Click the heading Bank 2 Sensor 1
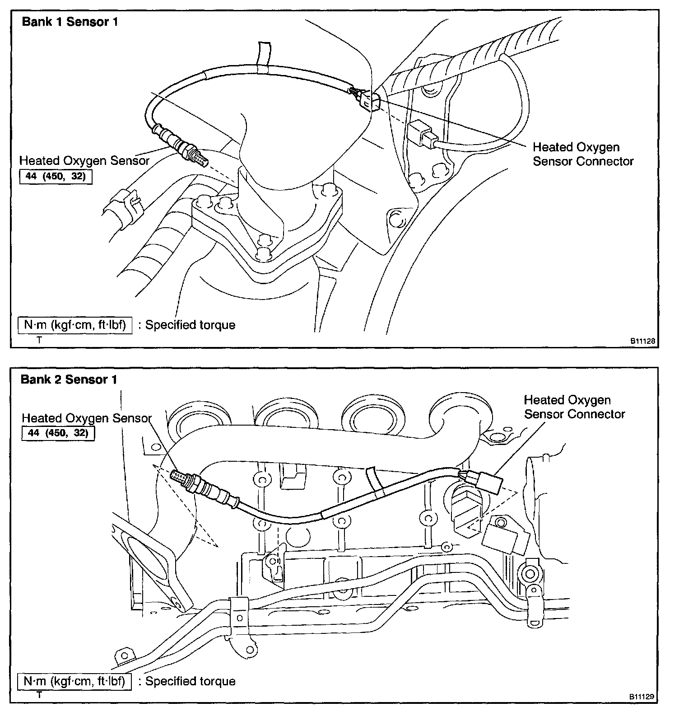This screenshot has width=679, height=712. point(69,379)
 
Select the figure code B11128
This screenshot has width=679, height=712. point(642,342)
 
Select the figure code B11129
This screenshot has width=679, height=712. point(642,697)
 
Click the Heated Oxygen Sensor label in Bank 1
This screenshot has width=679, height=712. point(84,160)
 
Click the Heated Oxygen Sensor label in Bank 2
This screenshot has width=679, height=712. point(87,418)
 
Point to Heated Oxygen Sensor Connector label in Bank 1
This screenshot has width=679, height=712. point(583,154)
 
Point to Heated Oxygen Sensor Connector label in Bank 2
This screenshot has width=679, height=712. point(574,407)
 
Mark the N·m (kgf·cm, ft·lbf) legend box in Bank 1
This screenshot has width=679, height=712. point(75,325)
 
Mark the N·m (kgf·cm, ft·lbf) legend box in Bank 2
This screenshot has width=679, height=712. point(74,681)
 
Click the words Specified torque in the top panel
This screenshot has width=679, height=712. point(190,325)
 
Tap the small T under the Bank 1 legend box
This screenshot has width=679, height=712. point(39,340)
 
